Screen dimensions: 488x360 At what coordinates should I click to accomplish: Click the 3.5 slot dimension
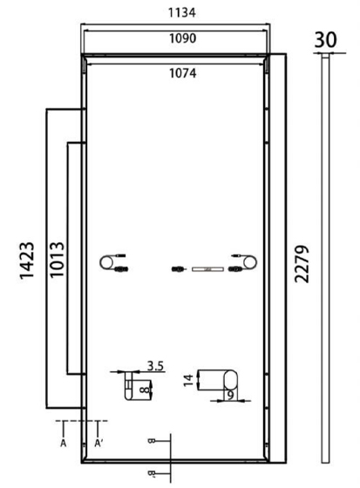(156, 366)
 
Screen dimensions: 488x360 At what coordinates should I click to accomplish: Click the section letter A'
(98, 444)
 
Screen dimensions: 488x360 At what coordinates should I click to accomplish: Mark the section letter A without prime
(64, 444)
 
